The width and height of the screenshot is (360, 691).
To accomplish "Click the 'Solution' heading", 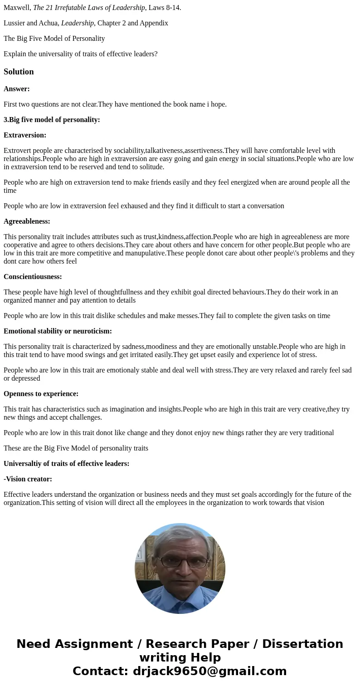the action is tap(19, 72).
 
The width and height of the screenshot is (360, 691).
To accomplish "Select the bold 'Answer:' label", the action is tap(17, 89).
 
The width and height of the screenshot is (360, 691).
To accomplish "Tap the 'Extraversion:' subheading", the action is tap(25, 135).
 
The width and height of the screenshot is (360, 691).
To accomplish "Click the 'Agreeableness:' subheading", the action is tap(27, 221).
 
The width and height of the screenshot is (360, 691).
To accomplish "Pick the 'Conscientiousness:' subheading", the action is tap(33, 277).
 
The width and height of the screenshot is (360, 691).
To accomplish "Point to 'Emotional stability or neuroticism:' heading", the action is tap(58, 331).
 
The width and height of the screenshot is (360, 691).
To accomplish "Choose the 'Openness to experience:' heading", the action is tap(41, 394).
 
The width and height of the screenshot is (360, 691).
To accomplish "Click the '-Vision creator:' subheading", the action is tap(28, 479).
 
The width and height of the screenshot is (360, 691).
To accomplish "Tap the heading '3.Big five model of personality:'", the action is tap(52, 120).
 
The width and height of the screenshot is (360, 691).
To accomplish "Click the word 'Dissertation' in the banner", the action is tap(302, 644).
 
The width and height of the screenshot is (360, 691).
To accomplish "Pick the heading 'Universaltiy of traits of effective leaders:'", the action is tap(67, 464).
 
